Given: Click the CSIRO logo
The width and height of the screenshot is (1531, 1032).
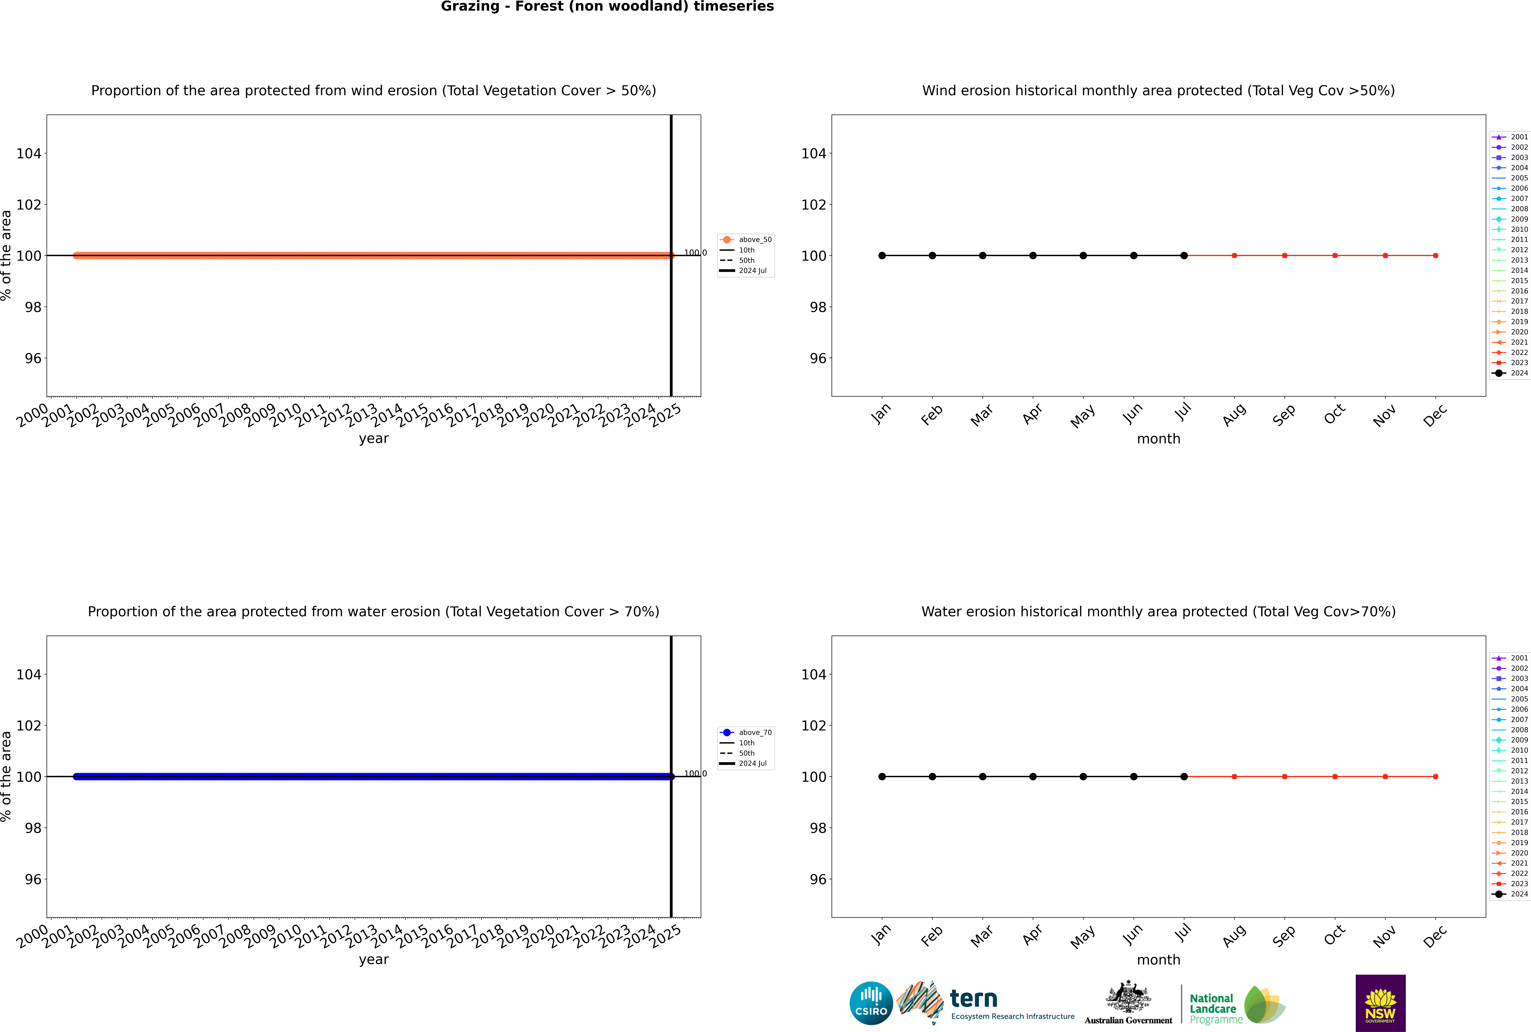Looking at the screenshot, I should (871, 1003).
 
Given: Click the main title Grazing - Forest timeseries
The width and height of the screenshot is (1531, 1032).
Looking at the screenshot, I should (607, 7).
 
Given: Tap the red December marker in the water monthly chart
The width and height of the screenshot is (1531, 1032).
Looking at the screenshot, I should (1436, 777).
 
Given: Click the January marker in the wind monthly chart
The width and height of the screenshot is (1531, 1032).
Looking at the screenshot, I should (882, 255).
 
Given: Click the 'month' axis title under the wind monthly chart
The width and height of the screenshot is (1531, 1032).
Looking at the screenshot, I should (1158, 439).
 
